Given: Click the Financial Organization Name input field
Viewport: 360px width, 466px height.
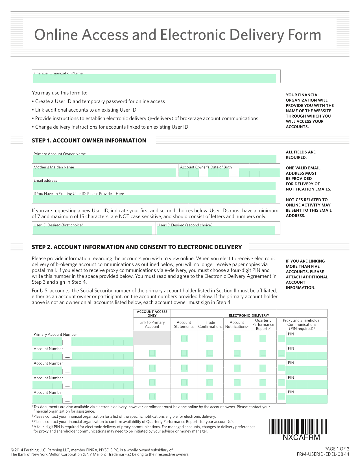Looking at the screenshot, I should coord(154,79).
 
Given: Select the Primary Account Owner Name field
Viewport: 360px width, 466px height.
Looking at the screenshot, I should coord(154,159).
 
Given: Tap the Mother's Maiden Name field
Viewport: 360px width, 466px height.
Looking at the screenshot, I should coord(104,172).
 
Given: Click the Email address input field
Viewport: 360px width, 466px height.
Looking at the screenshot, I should coord(154,186).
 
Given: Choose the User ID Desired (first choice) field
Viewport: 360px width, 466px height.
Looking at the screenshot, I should coord(92,230).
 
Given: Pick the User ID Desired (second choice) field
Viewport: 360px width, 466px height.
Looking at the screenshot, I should coord(216,230).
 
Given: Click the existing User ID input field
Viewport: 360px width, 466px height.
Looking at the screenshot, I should coord(154,199).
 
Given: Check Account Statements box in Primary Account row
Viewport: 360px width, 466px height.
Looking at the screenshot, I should coord(184,338).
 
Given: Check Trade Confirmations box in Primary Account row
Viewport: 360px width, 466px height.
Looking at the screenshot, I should coord(210,338).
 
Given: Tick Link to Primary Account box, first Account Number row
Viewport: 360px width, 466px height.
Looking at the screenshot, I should coord(152,353).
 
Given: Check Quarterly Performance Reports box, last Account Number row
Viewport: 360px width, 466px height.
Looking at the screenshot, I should coord(263,396).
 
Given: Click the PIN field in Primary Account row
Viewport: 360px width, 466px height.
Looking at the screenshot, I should coord(307,341).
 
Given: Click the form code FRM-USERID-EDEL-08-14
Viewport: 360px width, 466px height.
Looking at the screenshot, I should coord(323,454).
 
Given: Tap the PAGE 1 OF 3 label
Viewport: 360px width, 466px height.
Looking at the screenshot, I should coord(337,449).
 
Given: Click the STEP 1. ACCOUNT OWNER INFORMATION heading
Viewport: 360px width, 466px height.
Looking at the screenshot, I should coord(89,140).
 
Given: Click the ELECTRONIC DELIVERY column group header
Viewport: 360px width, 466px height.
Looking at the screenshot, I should coord(249,315).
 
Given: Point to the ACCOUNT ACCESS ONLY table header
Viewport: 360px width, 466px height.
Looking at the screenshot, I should coord(152,313).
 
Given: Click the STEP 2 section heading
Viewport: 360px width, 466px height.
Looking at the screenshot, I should coord(137,247).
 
